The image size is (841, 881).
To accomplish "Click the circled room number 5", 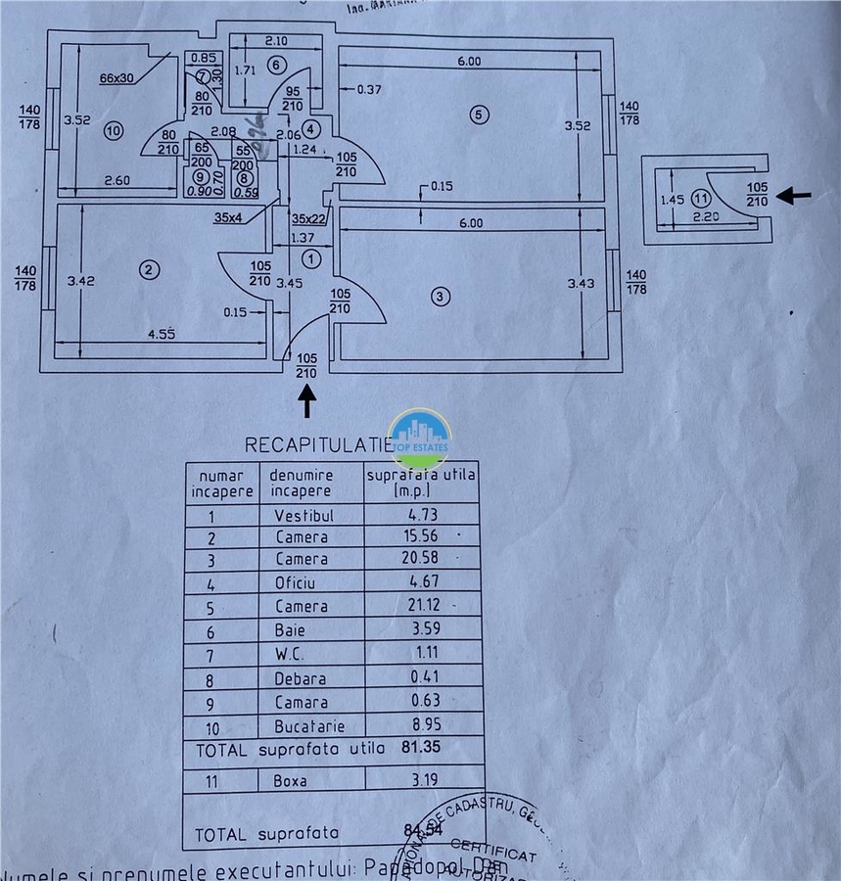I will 478,115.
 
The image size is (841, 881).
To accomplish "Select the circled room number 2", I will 149,270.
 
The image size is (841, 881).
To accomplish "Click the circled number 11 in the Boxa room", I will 697,198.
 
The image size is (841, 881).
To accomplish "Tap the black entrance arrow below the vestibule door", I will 307,401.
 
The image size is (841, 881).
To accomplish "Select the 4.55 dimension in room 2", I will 161,334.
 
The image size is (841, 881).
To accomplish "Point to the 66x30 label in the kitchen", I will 117,78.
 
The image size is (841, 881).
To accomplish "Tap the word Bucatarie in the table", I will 303,725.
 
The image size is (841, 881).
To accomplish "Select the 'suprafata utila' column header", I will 421,482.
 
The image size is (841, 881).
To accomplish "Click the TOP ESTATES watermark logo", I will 420,438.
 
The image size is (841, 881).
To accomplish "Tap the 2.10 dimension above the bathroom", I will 275,41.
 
